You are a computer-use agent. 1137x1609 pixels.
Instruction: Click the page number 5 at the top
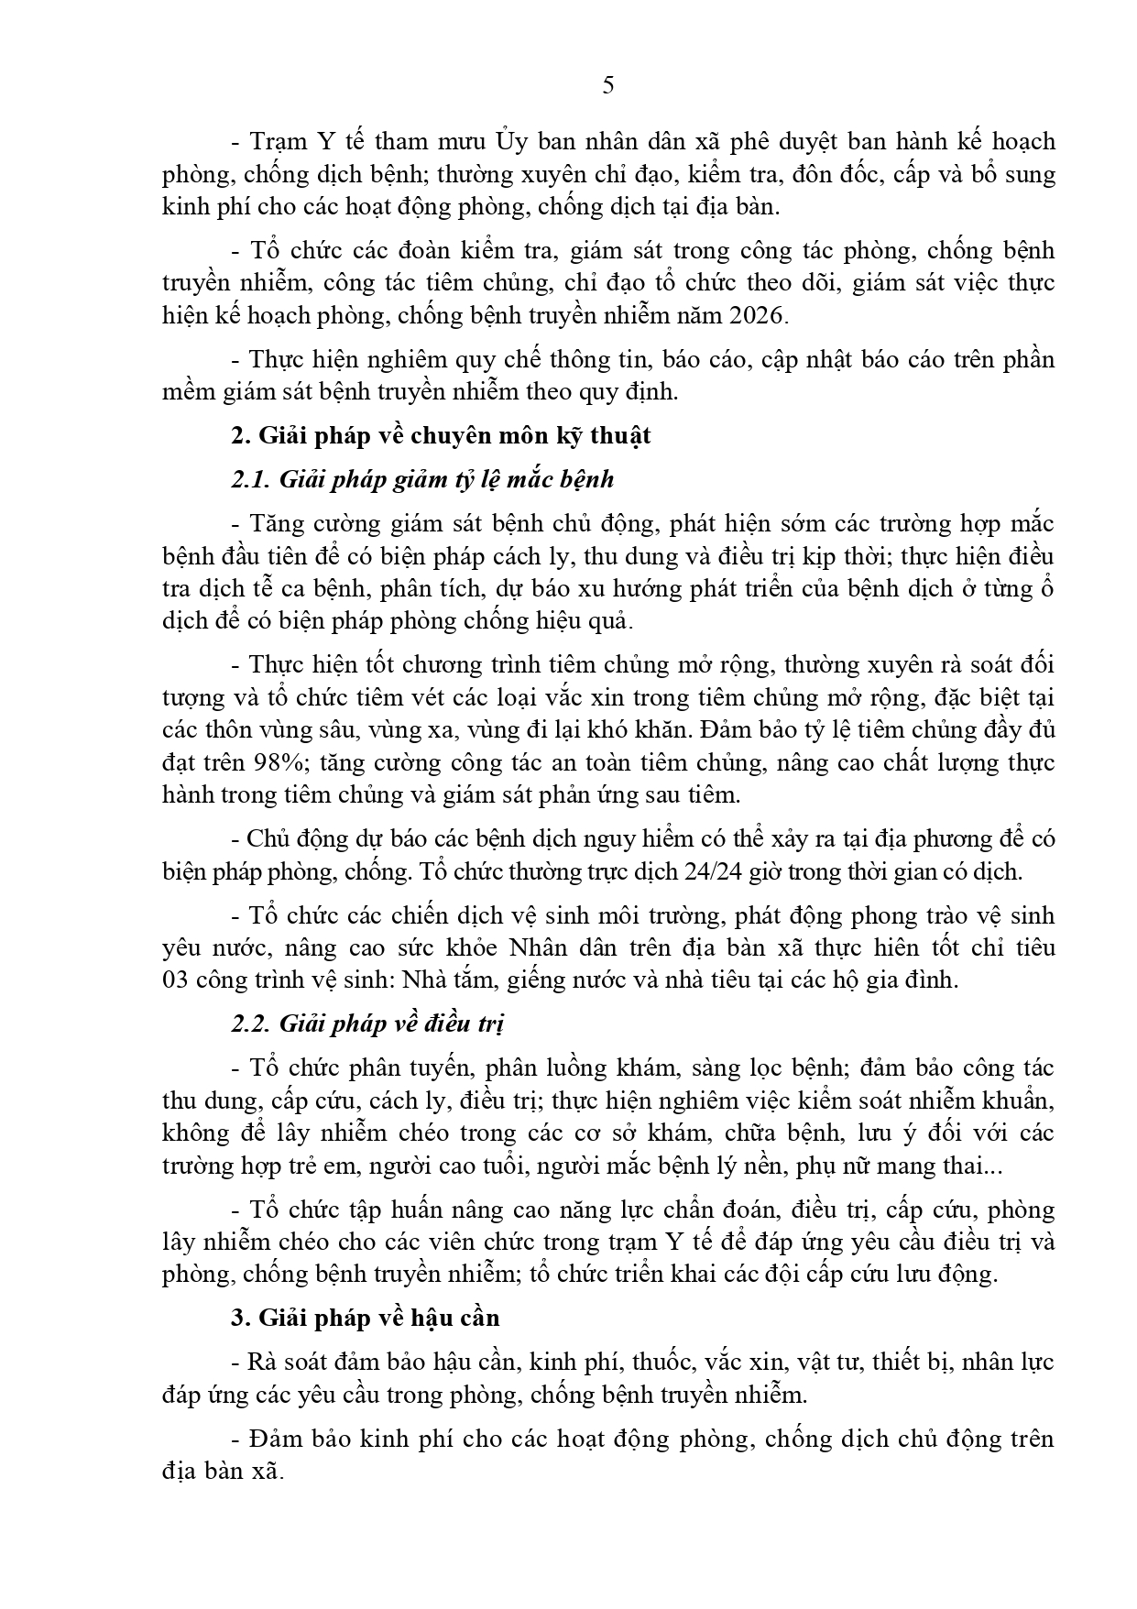click(x=608, y=86)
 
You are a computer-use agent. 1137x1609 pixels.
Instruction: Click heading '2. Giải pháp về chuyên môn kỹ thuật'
click(x=441, y=435)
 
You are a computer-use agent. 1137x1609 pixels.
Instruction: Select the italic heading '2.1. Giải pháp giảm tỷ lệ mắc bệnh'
click(x=422, y=479)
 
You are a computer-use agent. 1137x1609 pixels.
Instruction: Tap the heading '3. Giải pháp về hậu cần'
click(x=366, y=1318)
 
